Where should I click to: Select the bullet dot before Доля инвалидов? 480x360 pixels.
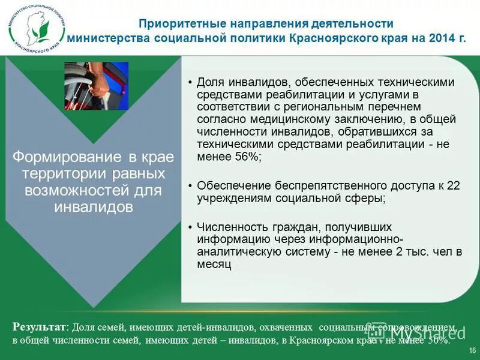(x=189, y=82)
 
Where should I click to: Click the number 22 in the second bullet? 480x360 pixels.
(x=454, y=186)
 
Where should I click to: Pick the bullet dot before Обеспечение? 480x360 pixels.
(x=189, y=186)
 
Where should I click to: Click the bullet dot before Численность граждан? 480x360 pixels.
(x=189, y=227)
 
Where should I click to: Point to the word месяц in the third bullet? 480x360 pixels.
(x=214, y=263)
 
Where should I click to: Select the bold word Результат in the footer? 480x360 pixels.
(x=38, y=328)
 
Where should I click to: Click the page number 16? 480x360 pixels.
(x=472, y=350)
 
